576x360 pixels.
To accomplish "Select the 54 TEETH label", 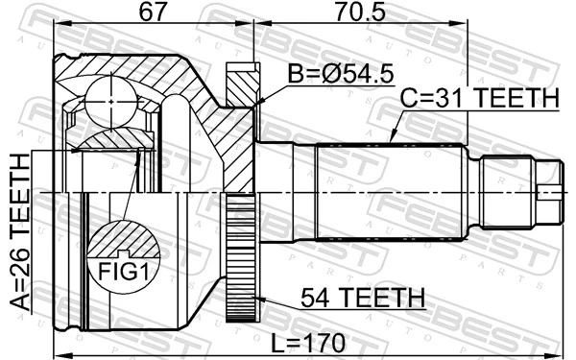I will tap(362, 299).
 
